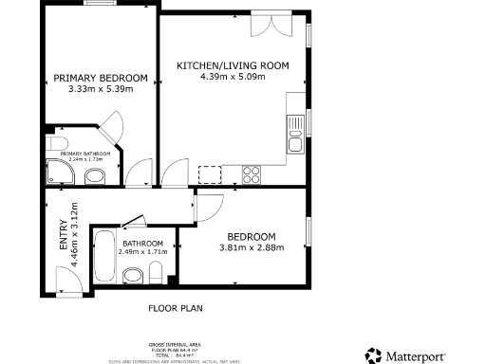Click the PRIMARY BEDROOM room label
100,78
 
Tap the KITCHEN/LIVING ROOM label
233,65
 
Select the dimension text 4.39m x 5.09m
233,77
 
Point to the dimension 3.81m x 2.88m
251,247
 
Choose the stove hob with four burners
253,173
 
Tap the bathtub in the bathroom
104,257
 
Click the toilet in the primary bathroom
96,176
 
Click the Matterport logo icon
374,355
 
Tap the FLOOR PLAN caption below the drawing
176,308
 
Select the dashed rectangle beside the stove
210,173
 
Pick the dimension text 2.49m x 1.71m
142,252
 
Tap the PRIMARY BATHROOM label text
85,154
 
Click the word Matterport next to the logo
423,355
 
